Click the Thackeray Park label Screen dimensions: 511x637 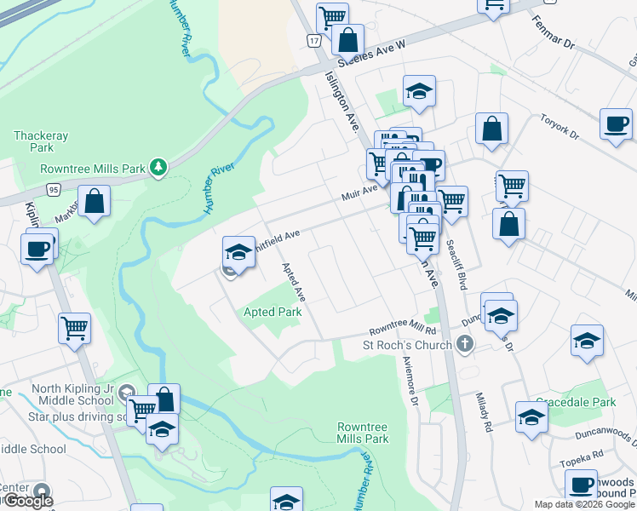(40, 141)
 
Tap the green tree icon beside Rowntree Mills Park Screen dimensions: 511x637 (158, 168)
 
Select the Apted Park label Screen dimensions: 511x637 (273, 313)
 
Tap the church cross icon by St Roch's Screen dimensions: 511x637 (464, 344)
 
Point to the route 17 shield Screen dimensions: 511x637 (314, 41)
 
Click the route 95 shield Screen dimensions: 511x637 (54, 189)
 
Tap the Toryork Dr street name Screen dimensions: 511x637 (560, 127)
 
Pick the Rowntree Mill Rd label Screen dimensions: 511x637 (402, 330)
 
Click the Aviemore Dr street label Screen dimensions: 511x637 (410, 380)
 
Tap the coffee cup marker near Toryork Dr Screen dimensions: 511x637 (616, 123)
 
